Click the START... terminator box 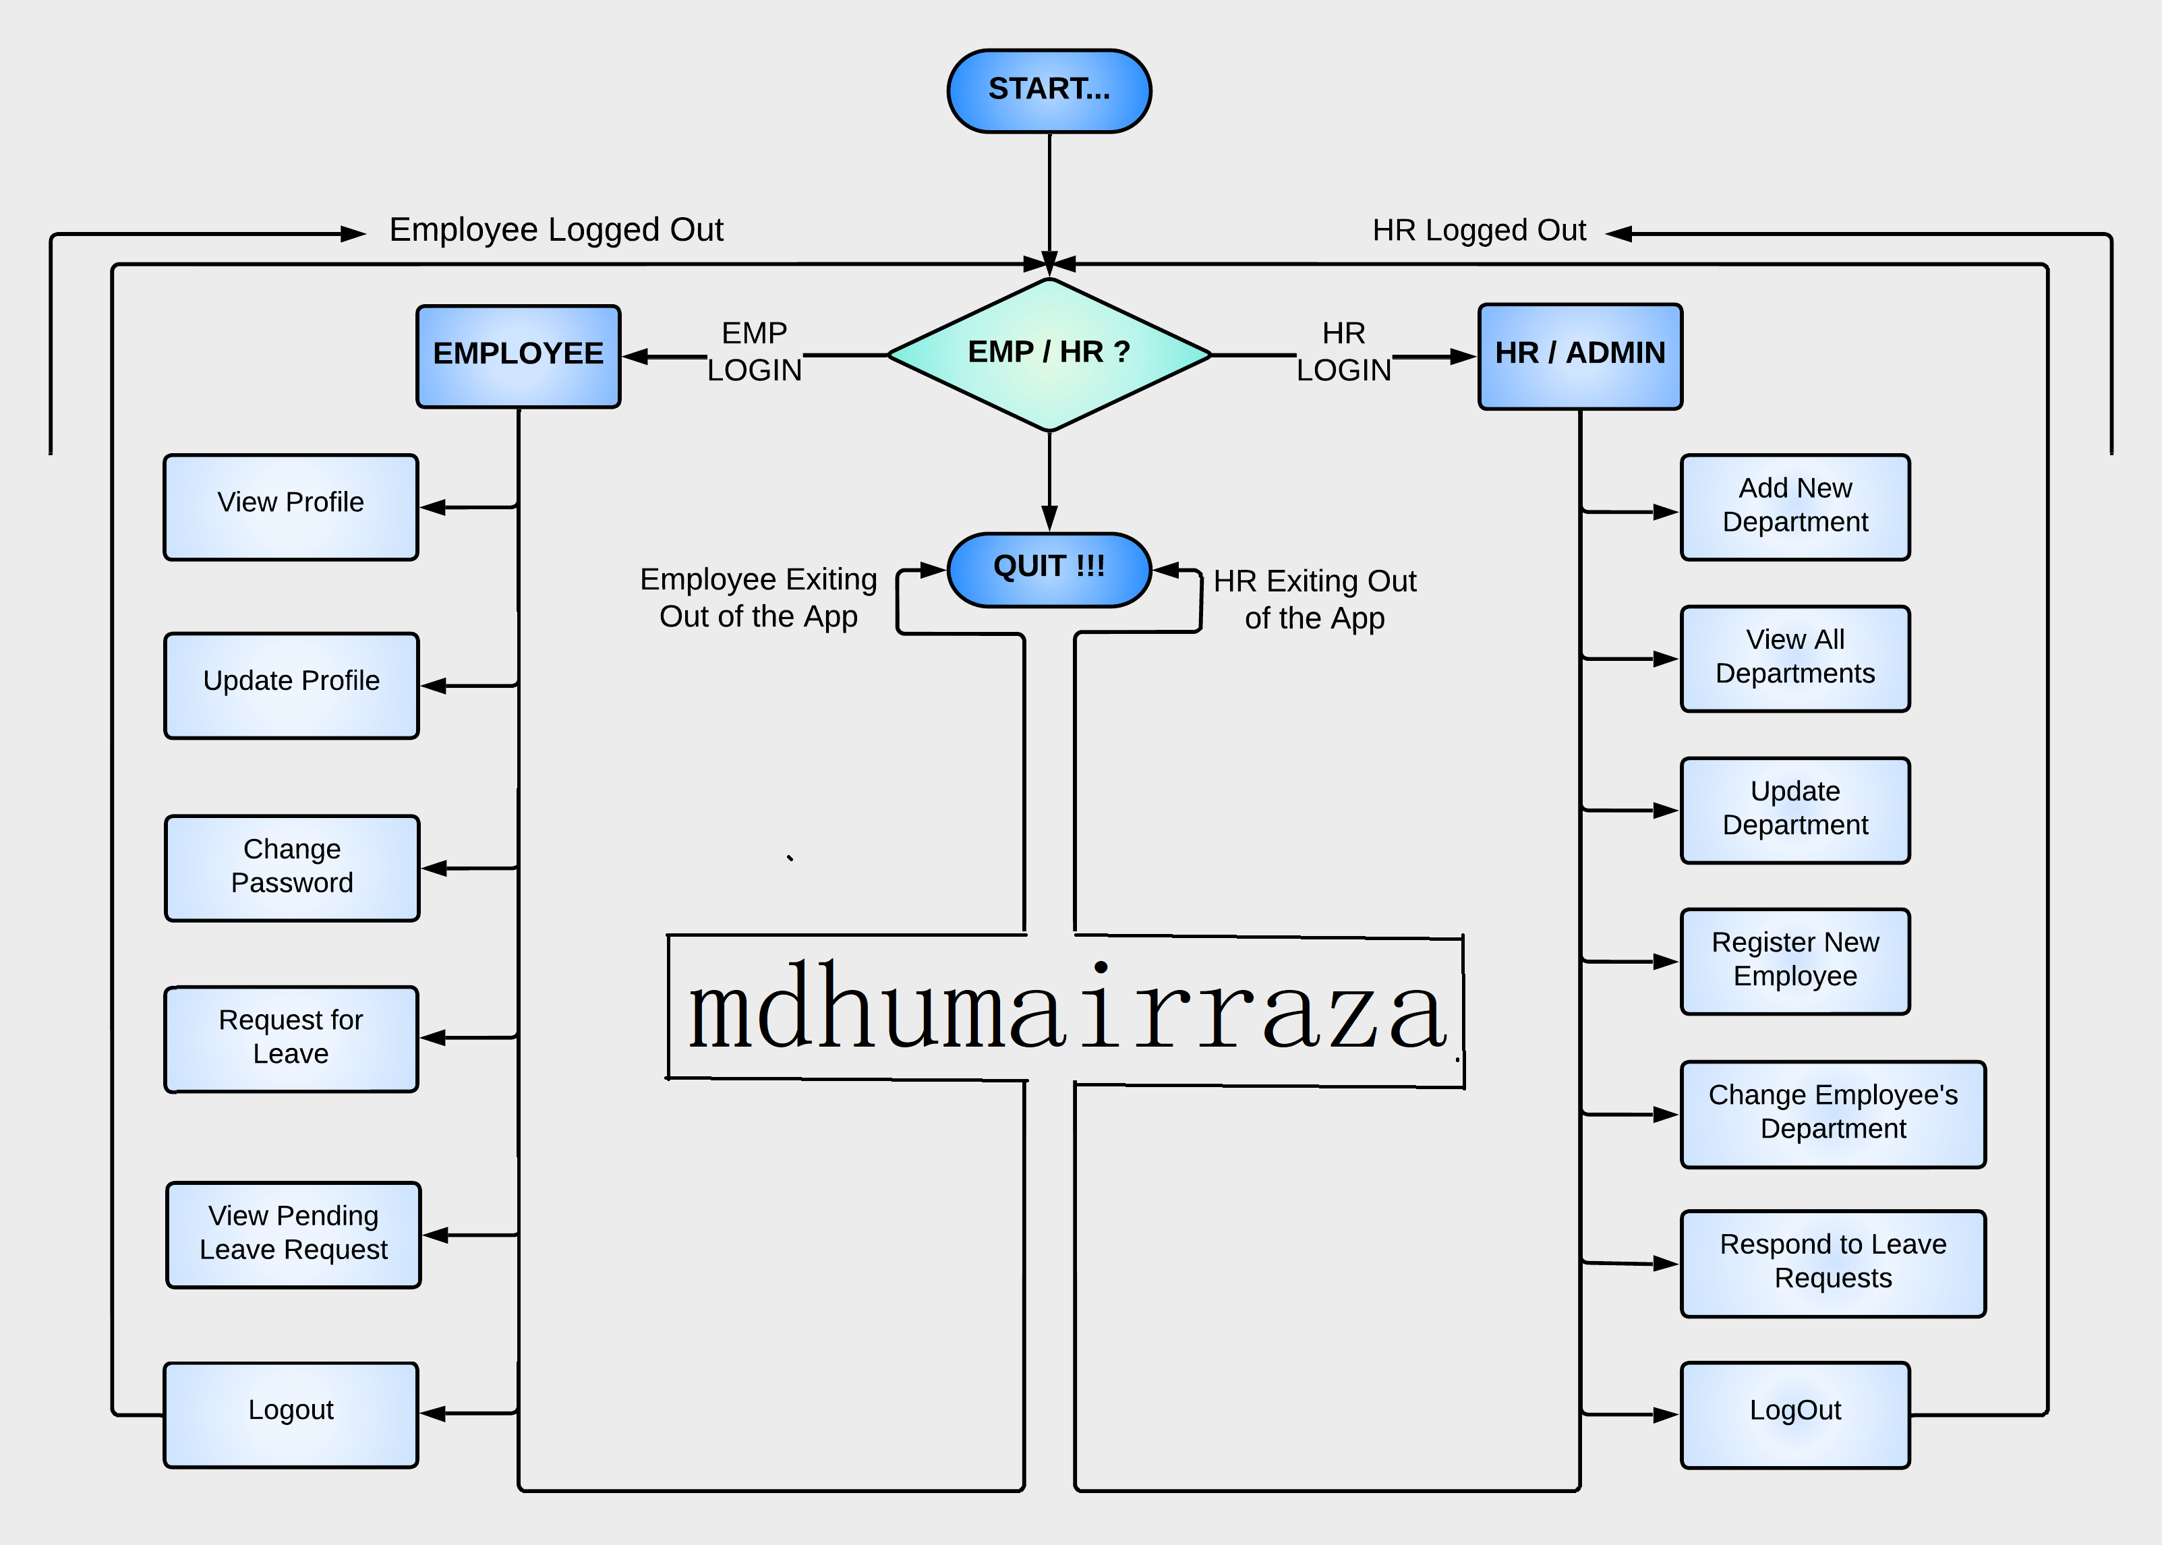pos(1049,91)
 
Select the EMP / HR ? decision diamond pos(1049,354)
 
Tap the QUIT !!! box pos(1049,569)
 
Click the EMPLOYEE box pos(519,356)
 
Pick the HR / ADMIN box pos(1580,356)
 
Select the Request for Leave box pos(291,1038)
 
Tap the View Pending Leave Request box pos(293,1234)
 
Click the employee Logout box pos(291,1413)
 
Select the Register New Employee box pos(1795,961)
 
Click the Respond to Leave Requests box pos(1833,1262)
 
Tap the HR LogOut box pos(1795,1413)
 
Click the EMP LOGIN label pos(755,352)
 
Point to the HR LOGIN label pos(1343,352)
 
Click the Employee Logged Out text pos(556,230)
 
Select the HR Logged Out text pos(1479,230)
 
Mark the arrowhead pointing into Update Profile pos(434,685)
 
